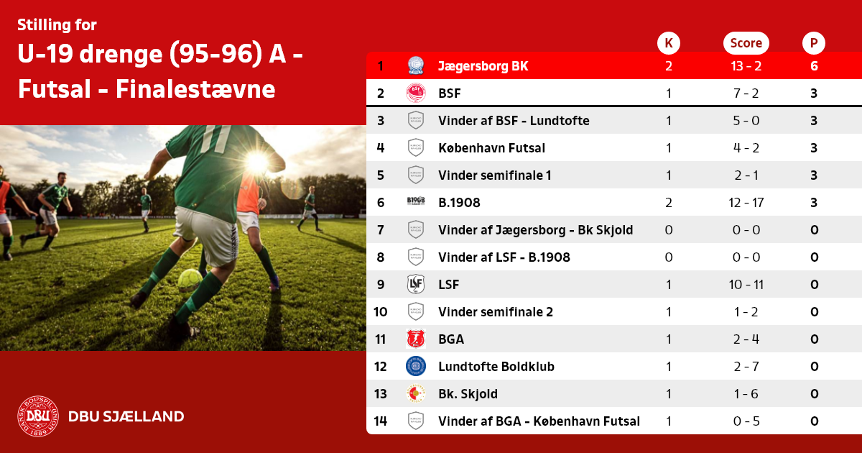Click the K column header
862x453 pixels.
(x=669, y=42)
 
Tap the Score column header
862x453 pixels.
(x=746, y=42)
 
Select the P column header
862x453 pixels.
(x=813, y=42)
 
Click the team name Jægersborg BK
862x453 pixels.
(x=483, y=66)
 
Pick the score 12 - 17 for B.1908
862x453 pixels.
(x=746, y=203)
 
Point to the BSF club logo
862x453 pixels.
(x=416, y=93)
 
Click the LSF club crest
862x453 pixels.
(x=416, y=284)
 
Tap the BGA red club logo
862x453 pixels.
(x=416, y=339)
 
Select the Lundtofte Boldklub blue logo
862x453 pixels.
(x=416, y=366)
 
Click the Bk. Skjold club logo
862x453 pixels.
(x=416, y=394)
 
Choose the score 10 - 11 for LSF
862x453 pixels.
(x=746, y=285)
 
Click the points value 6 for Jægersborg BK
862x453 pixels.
(x=814, y=66)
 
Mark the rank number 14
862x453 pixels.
(x=381, y=421)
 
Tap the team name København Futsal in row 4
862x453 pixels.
(x=491, y=148)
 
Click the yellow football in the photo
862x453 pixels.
(x=190, y=280)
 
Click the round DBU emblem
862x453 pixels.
(x=38, y=416)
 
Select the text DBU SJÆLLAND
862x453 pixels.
(x=126, y=416)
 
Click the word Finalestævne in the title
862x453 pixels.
(x=195, y=89)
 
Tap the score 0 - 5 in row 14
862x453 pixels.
(x=746, y=421)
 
